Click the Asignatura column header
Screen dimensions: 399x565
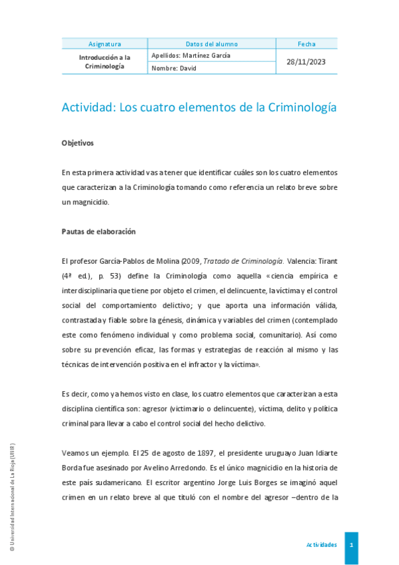point(104,44)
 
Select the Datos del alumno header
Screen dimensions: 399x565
point(211,44)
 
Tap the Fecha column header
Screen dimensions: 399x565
point(306,44)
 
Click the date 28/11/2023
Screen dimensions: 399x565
point(306,62)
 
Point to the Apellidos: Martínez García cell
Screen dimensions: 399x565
point(191,55)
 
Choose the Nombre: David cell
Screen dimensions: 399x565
point(174,68)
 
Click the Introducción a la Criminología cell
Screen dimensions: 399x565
point(104,62)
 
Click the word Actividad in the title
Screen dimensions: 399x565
point(87,107)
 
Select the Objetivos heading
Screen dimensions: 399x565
point(77,143)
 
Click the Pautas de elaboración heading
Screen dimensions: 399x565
point(98,232)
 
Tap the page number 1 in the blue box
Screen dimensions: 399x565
point(351,544)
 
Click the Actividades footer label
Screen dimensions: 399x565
point(321,544)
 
